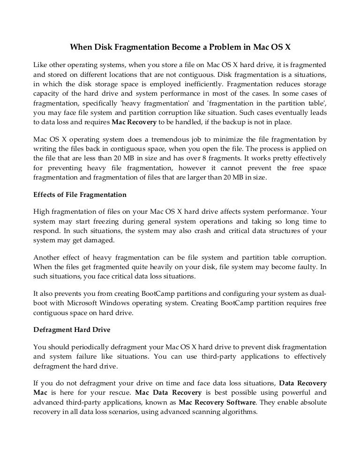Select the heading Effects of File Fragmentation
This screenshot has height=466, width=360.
(x=80, y=194)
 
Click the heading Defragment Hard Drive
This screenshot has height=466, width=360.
(x=72, y=330)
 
